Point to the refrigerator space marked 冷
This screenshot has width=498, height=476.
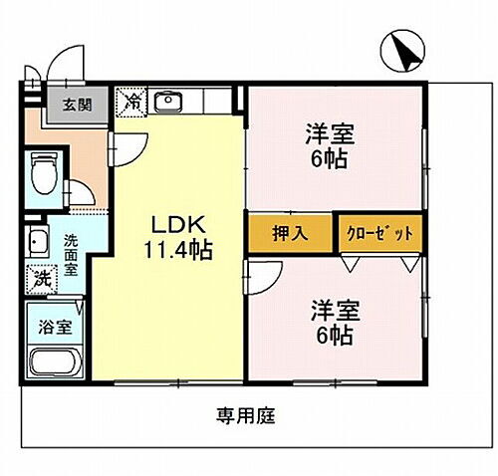(131, 101)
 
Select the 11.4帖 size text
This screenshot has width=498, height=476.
(175, 249)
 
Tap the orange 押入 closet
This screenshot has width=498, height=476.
(291, 234)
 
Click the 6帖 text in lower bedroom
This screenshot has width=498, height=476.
(334, 337)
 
